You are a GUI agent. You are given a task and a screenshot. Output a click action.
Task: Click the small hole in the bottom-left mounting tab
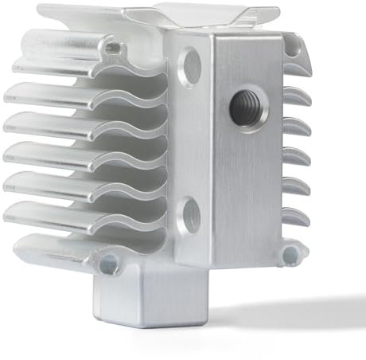pos(108,260)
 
